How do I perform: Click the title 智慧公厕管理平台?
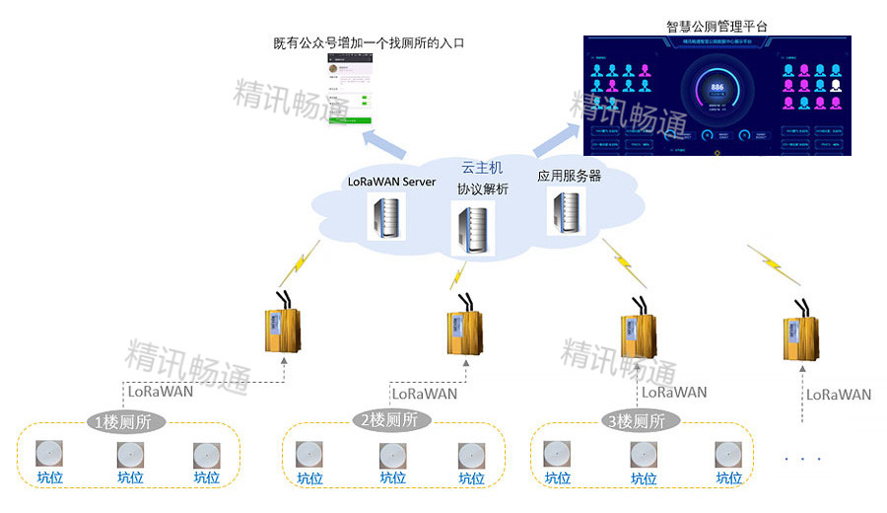point(716,25)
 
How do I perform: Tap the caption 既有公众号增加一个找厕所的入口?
point(369,43)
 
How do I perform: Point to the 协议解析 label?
point(482,188)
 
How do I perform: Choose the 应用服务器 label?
point(569,176)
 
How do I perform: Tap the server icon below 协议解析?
point(469,229)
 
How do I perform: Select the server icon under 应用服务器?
point(567,212)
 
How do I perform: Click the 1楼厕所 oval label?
point(127,422)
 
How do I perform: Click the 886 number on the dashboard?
point(716,88)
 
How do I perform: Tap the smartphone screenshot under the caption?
point(350,90)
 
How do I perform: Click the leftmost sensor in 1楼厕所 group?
point(49,454)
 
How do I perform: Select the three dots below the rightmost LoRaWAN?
point(801,459)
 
